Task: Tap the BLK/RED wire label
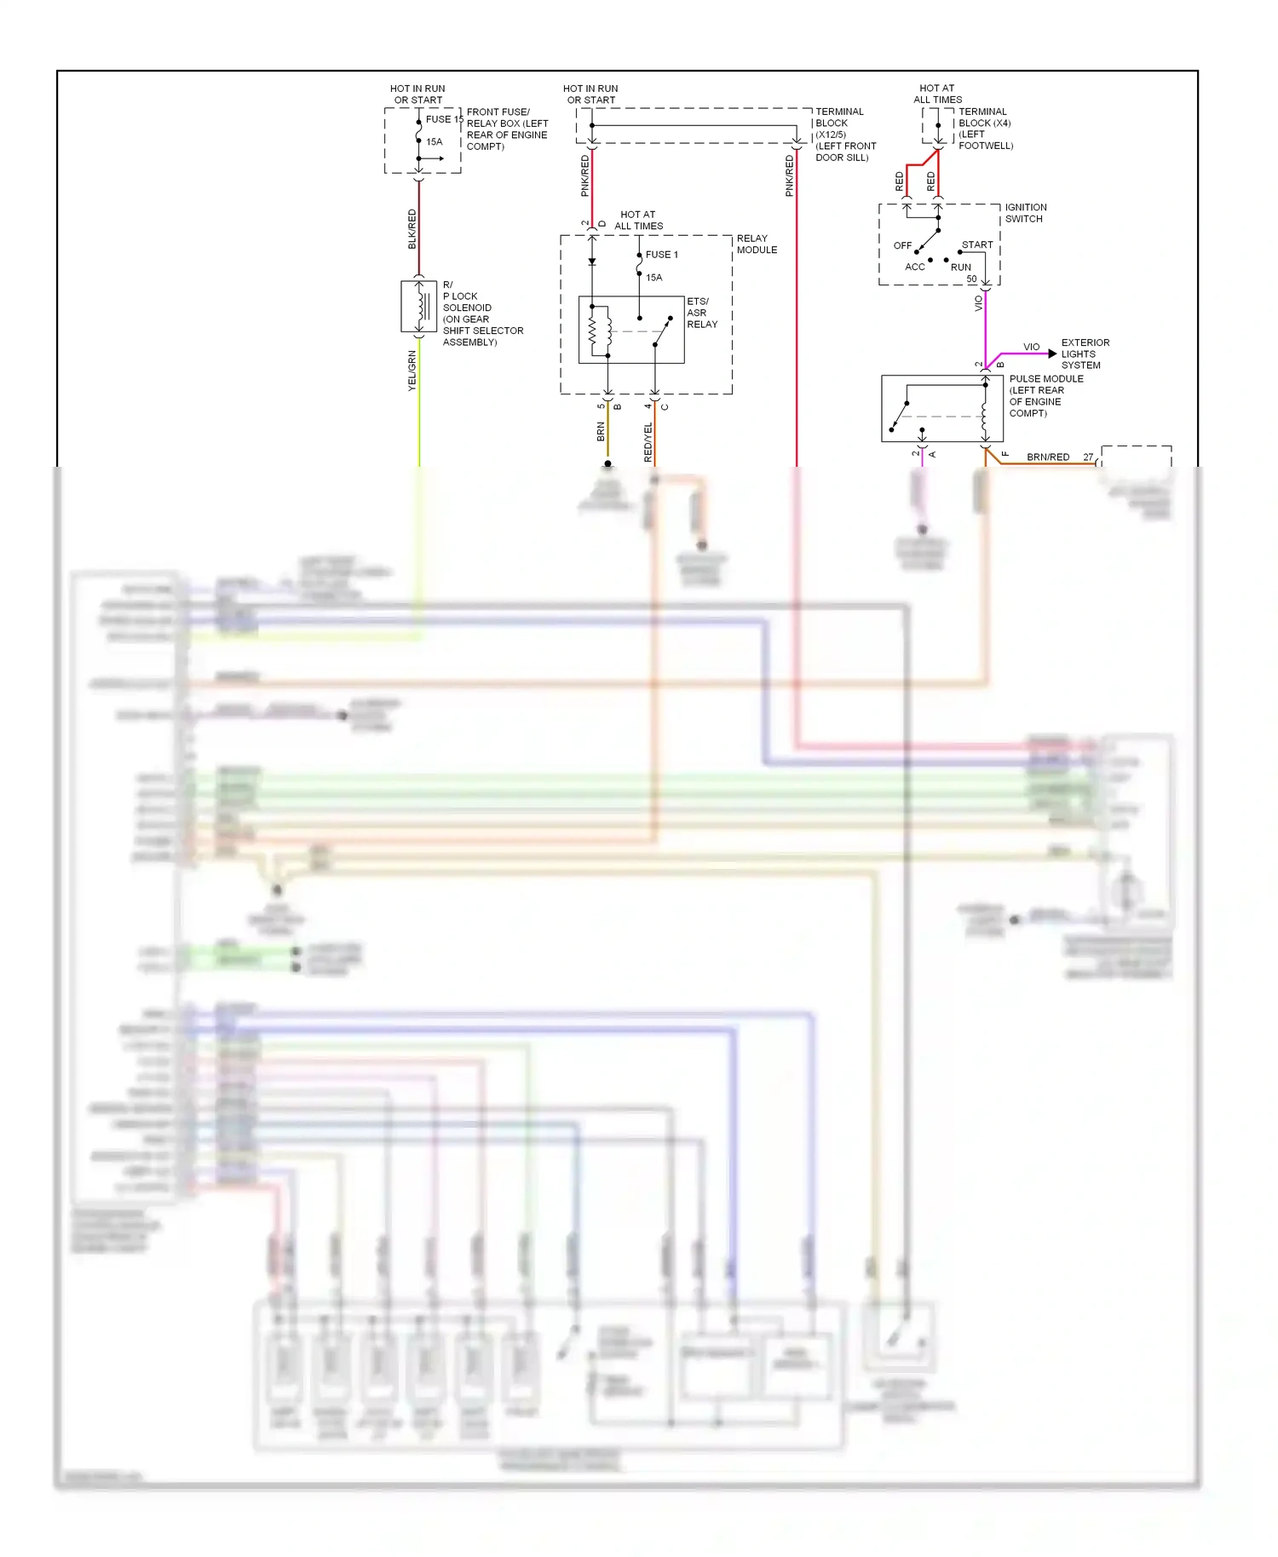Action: tap(412, 229)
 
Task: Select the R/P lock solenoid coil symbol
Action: tap(419, 307)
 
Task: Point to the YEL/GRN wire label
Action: tap(412, 371)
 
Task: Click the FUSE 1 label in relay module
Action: tap(662, 255)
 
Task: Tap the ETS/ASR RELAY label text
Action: tap(702, 313)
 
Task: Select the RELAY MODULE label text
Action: tap(757, 244)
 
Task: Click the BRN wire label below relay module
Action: tap(601, 431)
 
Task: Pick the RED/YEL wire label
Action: tap(648, 442)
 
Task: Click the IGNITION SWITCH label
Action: tap(1025, 213)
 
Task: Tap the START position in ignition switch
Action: tap(976, 244)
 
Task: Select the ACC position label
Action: tap(914, 267)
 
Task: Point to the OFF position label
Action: tap(902, 245)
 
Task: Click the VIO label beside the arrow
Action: tap(1031, 347)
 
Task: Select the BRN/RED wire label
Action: tap(1048, 457)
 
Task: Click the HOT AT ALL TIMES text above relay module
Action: tap(638, 221)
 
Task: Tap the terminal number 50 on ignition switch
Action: tap(971, 279)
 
